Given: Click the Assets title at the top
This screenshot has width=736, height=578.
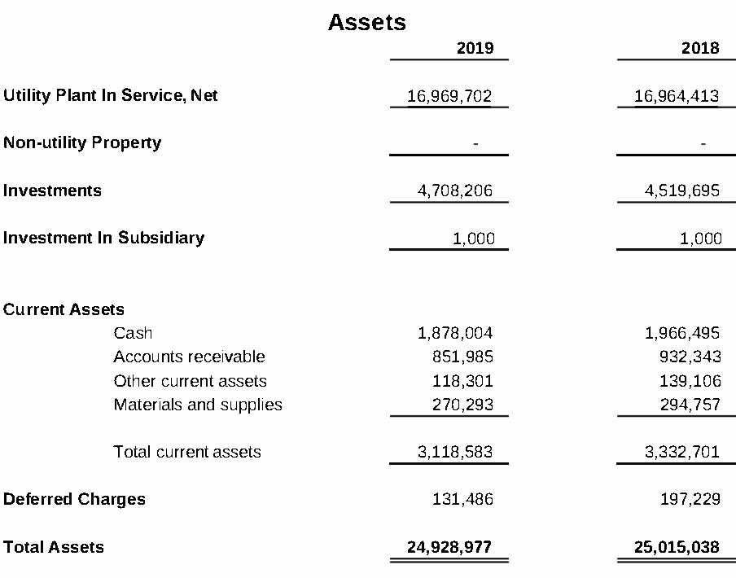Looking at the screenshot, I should pos(366,22).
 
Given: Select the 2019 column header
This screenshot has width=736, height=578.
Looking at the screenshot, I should pos(475,48).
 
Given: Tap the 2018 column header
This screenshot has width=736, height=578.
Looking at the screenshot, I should pos(700,48).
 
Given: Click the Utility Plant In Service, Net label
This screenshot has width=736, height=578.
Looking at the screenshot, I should pos(111,95).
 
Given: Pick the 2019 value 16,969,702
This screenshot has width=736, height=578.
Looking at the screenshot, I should pos(449,96).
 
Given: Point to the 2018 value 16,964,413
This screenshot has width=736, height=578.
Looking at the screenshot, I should pos(677,96).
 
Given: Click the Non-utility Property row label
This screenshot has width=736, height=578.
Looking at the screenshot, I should pos(82,142).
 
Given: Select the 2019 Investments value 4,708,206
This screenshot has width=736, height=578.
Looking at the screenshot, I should pos(455,190).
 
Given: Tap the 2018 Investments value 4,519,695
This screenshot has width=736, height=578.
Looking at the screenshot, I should pos(682,190).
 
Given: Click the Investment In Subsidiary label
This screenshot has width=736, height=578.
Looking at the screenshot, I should pos(103,238).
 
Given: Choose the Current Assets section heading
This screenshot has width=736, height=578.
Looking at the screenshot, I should pos(64,309).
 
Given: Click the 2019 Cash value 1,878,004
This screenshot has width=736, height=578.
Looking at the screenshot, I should pos(455,333).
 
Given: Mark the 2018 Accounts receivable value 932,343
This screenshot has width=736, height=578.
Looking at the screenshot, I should pos(689,357).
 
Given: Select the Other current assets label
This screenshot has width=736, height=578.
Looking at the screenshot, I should pos(191,381).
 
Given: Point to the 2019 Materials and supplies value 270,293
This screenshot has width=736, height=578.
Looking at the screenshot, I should pos(462,405).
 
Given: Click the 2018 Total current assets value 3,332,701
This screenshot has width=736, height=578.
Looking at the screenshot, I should pos(682,452).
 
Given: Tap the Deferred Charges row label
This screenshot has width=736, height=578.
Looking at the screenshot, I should pos(74,499).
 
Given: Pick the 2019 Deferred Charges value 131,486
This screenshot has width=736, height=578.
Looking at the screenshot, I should pos(462,499).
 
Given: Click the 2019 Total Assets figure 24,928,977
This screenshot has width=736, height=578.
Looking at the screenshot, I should pos(449,547).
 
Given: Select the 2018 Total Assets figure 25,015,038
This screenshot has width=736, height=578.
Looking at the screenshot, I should pos(677,547).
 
